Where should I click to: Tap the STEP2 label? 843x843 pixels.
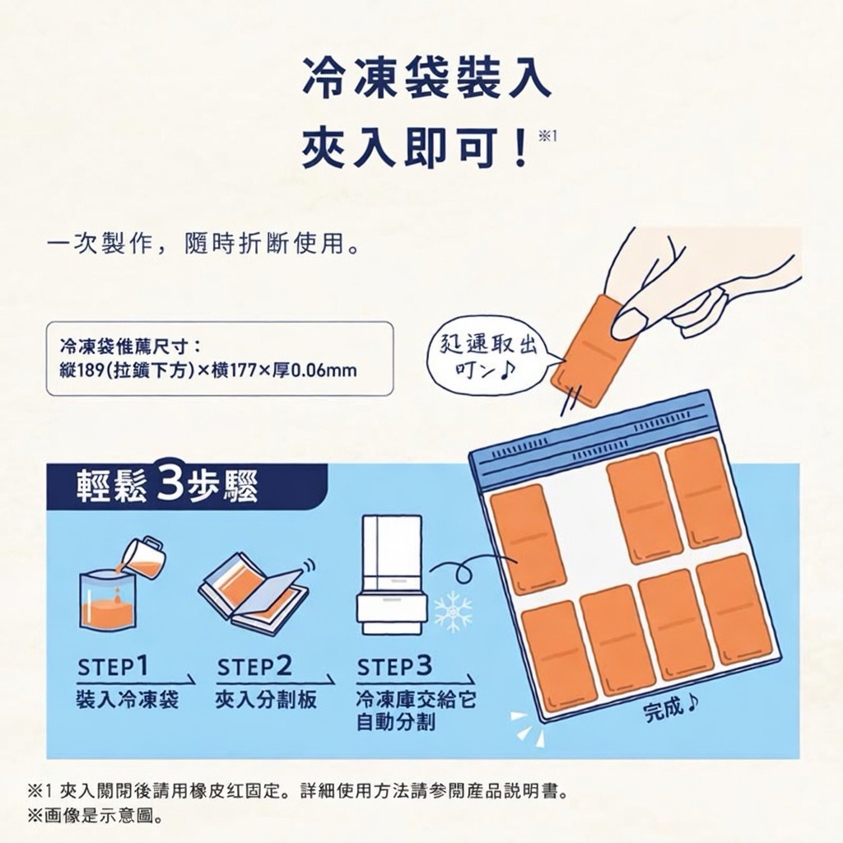pyautogui.click(x=254, y=666)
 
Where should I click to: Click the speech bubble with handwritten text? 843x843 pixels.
pyautogui.click(x=491, y=354)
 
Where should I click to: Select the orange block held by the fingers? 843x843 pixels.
pyautogui.click(x=586, y=350)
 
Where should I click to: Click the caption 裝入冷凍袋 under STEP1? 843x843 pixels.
pyautogui.click(x=127, y=701)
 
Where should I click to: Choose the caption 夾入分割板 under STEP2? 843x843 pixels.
pyautogui.click(x=266, y=701)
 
